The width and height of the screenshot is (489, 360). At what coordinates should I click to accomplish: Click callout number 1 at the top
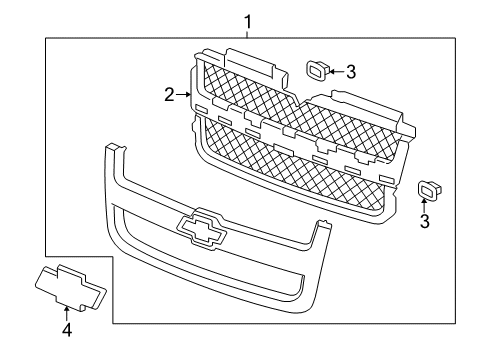point(248,19)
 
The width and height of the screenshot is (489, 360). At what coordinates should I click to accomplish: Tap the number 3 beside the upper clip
point(351,71)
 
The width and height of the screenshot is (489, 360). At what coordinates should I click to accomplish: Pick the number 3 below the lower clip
point(425,221)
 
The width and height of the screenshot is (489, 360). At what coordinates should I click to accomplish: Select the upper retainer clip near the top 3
point(316,69)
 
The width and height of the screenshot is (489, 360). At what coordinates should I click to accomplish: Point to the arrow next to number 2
point(185,95)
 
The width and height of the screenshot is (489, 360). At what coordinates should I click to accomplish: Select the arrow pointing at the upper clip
point(335,71)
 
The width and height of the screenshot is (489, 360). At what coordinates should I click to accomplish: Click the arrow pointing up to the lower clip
point(425,206)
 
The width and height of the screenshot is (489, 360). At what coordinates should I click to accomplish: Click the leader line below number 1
point(248,33)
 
